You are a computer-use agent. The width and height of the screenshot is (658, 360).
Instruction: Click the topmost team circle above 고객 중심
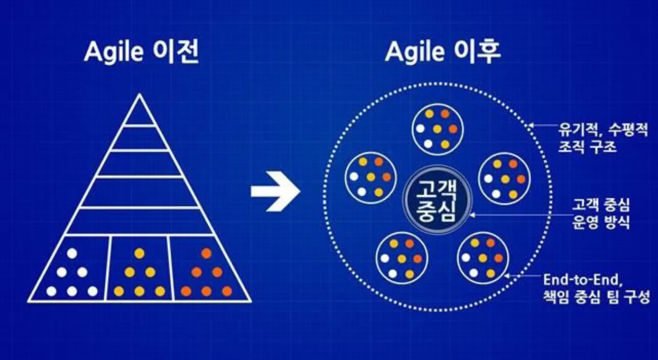[x=437, y=129]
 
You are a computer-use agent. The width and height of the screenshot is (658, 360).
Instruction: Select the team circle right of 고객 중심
[x=504, y=178]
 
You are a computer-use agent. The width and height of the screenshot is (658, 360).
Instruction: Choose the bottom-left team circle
[x=402, y=258]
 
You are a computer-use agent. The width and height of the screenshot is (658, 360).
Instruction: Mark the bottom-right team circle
[x=483, y=258]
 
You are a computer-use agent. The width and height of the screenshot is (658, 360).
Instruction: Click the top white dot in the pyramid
[x=72, y=253]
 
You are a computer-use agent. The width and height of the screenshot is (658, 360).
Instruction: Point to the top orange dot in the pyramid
[x=207, y=253]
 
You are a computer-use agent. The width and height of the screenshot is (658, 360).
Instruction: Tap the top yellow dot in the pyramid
[x=139, y=253]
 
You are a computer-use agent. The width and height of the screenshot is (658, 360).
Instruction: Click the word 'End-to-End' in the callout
[x=580, y=280]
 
